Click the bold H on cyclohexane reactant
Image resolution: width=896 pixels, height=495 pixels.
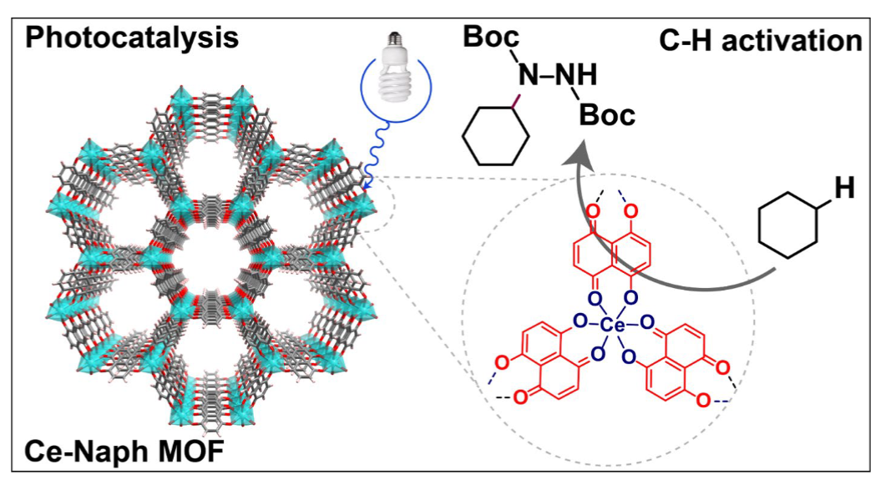(844, 189)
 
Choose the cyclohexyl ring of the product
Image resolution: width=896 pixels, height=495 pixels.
(495, 136)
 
